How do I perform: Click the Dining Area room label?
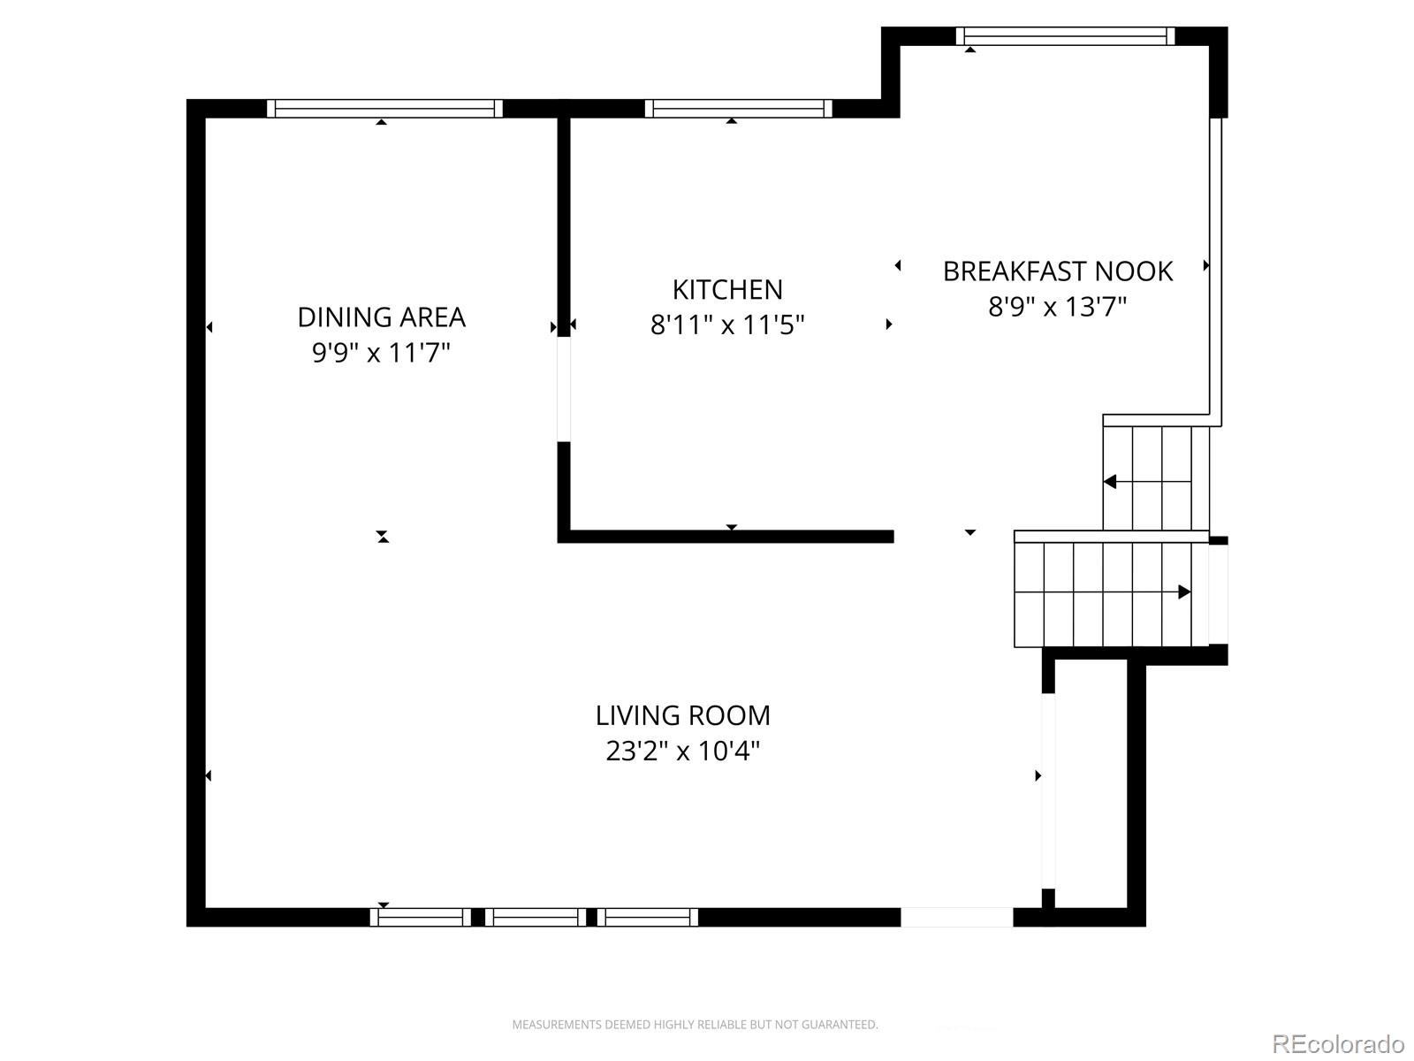381,317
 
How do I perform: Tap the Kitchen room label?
727,289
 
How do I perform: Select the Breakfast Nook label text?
1057,271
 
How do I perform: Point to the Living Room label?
682,714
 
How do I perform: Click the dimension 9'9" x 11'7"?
381,353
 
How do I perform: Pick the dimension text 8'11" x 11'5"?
727,325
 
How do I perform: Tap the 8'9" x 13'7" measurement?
1057,307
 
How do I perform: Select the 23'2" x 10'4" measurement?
682,751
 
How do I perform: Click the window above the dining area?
384,108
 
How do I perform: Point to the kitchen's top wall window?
738,108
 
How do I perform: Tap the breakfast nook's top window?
1065,36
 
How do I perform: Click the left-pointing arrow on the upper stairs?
1111,482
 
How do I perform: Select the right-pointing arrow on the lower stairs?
1183,592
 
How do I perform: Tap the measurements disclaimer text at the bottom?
695,1025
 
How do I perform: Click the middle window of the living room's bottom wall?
535,917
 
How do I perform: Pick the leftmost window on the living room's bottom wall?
420,917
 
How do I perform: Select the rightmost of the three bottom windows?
647,917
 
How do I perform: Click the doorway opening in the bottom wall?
956,917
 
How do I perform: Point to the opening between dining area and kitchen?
563,389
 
